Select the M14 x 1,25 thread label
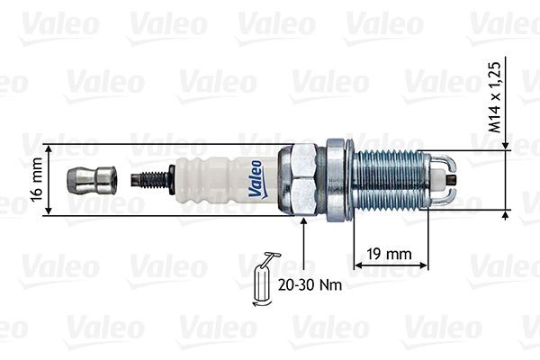click(x=493, y=97)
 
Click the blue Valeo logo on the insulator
click(x=256, y=178)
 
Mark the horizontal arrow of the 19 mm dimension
click(x=390, y=267)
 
